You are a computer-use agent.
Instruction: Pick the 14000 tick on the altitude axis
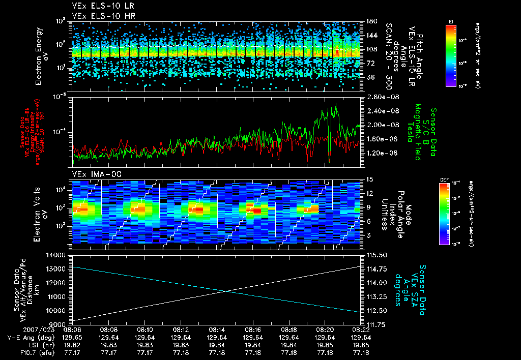pos(57,255)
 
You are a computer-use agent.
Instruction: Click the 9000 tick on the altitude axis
pos(60,324)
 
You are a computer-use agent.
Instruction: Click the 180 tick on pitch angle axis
pos(370,21)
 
